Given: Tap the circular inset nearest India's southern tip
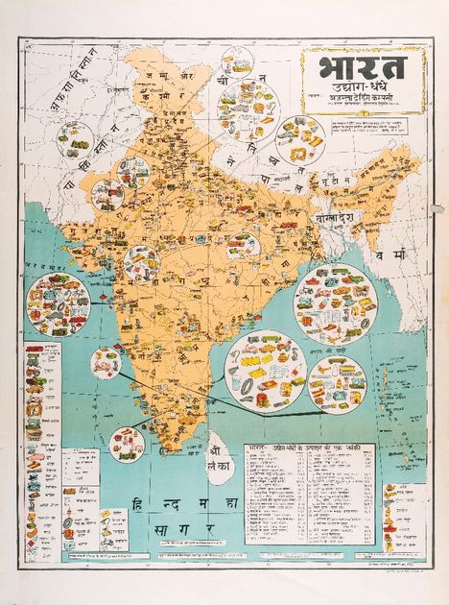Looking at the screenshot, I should point(127,443).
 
